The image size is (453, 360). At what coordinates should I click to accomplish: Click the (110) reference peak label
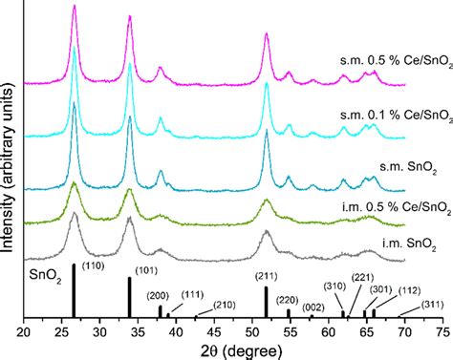94,265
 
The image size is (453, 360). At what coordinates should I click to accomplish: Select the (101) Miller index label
146,271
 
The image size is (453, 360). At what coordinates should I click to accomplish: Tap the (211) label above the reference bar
267,276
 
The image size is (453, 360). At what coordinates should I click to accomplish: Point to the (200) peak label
158,296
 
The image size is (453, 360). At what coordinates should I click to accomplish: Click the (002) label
313,307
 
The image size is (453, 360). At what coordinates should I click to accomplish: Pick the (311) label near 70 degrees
432,305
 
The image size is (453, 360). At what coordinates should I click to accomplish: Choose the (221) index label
362,278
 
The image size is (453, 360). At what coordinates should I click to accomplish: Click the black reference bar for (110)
74,290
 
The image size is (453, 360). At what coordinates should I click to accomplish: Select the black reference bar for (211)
266,302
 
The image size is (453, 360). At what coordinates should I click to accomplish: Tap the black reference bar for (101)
130,297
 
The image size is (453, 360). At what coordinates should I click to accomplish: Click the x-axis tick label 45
214,332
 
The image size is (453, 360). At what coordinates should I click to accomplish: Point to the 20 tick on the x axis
24,332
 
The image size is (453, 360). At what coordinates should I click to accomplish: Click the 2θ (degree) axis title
242,351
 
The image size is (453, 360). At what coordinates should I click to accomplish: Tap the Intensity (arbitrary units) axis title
8,169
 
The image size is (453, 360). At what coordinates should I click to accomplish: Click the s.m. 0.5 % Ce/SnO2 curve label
397,62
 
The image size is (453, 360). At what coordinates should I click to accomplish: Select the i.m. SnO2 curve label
409,244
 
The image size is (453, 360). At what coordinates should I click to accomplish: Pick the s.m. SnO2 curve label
408,168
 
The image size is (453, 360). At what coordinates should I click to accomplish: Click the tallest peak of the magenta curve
75,6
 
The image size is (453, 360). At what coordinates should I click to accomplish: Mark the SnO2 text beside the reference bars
45,276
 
